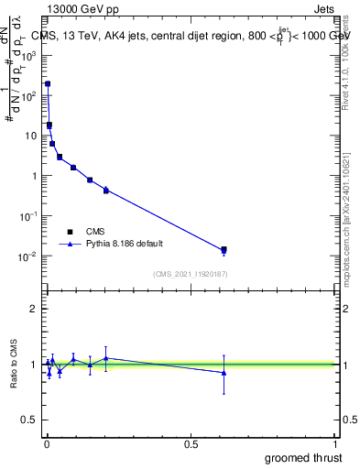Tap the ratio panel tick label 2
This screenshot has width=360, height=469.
34,309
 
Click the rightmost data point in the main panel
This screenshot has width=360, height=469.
224,249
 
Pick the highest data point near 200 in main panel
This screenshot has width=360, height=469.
48,83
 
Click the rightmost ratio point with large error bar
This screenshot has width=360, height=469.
224,373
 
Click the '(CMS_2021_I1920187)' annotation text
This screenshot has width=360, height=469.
190,273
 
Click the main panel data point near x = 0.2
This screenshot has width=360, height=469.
106,190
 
